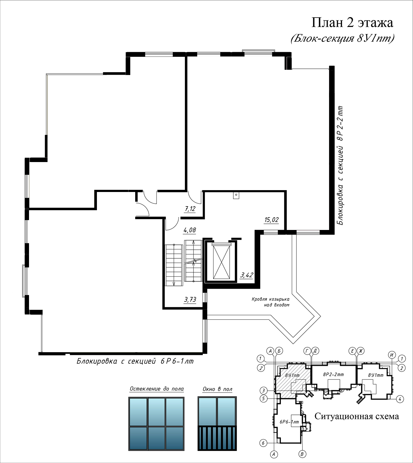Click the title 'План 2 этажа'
coord(352,23)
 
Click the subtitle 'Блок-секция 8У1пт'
coord(342,38)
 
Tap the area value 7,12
coord(190,209)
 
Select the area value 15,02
coord(272,220)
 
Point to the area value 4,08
coord(190,230)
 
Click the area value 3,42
coord(246,275)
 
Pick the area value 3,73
coord(190,299)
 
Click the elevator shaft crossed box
coord(221,261)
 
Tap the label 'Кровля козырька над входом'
coord(270,302)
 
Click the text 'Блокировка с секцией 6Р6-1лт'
coord(135,361)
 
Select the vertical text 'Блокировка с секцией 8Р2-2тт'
coord(340,165)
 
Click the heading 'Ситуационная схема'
coord(357,416)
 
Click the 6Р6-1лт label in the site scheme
coord(289,422)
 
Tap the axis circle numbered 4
coord(400,399)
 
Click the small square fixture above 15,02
coord(236,196)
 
